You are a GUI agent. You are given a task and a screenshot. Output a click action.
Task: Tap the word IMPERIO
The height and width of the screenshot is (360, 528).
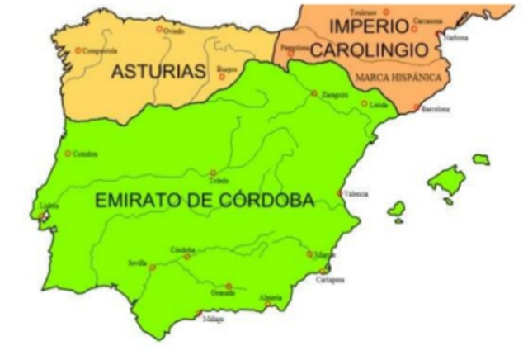[x=368, y=27]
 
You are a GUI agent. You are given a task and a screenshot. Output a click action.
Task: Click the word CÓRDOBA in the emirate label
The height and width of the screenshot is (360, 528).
[x=265, y=200]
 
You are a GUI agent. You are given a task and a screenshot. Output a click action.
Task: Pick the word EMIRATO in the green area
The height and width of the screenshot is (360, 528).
[x=139, y=200]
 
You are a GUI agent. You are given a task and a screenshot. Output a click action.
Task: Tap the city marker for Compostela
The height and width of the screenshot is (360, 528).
[x=78, y=50]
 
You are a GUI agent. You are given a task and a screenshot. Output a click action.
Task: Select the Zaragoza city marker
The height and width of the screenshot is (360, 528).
[x=314, y=93]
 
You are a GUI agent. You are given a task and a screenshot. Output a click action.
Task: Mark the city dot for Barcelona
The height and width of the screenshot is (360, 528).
[x=416, y=107]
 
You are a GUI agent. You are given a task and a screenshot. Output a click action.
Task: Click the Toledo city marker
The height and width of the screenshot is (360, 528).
[x=213, y=173]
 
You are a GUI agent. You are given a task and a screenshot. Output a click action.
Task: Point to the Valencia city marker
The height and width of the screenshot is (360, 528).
[x=340, y=193]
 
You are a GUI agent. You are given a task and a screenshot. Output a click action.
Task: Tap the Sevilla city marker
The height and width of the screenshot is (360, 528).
[x=153, y=267]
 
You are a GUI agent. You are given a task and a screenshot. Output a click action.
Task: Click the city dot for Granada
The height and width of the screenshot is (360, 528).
[x=229, y=287]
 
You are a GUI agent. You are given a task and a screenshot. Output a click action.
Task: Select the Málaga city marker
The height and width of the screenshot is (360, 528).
[x=200, y=313]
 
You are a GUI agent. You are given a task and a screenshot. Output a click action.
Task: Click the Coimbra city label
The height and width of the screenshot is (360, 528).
[x=85, y=154]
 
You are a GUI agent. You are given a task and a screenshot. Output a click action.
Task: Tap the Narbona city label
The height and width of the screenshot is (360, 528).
[x=455, y=38]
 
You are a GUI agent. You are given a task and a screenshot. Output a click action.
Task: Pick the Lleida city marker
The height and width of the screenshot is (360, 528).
[x=364, y=104]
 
